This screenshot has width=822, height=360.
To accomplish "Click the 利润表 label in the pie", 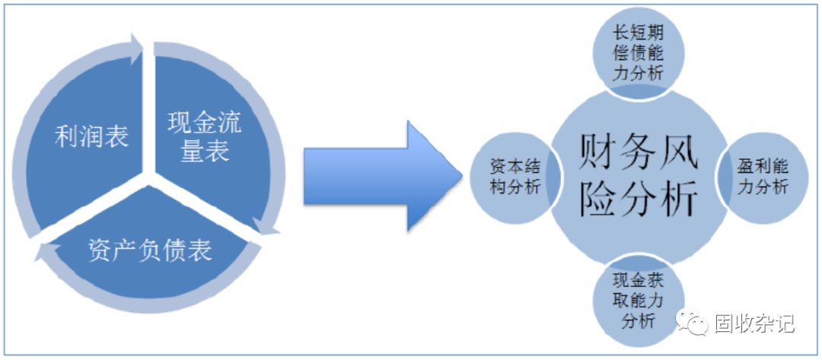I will (91, 137).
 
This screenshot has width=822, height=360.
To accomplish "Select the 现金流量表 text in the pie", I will (204, 137).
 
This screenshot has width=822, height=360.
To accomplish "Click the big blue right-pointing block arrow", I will (381, 175).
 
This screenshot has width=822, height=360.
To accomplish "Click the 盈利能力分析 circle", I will (761, 177).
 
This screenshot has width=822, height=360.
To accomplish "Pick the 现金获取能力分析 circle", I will (638, 302).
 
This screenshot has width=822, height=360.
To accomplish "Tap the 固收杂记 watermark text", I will (753, 323).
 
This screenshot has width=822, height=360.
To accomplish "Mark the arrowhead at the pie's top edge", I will (137, 47).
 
